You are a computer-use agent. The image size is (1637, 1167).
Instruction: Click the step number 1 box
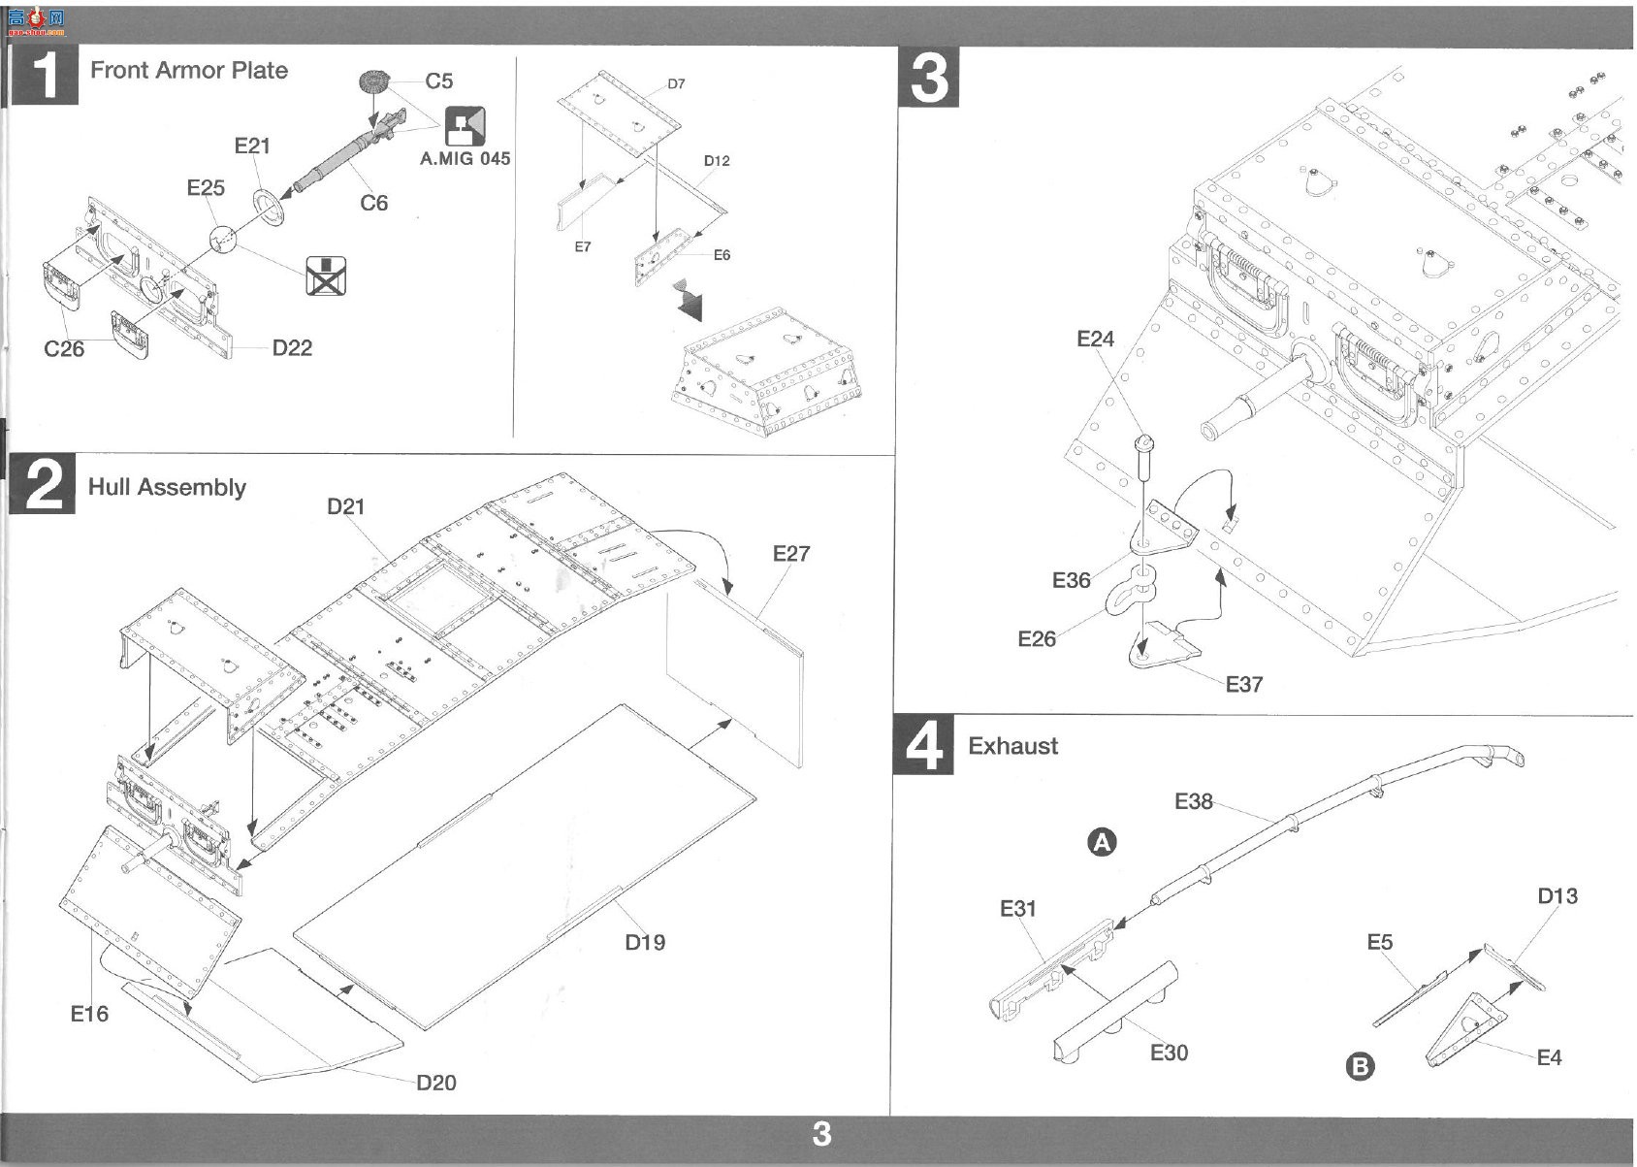(46, 76)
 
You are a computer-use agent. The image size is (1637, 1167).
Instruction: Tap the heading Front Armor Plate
(188, 70)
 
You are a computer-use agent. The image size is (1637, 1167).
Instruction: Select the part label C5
(439, 81)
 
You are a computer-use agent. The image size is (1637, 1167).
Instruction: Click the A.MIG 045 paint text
(465, 159)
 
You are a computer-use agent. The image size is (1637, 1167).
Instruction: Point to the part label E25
(206, 188)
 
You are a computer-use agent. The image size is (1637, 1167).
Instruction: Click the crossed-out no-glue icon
(326, 276)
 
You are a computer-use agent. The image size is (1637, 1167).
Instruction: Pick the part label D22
(292, 348)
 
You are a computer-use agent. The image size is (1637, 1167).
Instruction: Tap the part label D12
(717, 161)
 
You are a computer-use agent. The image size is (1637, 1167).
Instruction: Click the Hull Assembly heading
(167, 488)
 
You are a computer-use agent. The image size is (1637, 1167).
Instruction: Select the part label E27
(791, 554)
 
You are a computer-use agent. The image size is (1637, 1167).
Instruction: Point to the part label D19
(645, 943)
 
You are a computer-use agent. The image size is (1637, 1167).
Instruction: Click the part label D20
(436, 1083)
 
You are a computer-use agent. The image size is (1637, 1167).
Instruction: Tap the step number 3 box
(928, 78)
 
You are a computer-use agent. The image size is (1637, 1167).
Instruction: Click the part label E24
(1096, 339)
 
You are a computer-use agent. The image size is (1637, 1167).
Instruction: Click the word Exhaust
(1012, 746)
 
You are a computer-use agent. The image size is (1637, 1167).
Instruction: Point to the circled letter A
(1102, 842)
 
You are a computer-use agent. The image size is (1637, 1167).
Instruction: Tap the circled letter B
(1360, 1067)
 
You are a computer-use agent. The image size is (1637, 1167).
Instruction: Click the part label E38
(1194, 802)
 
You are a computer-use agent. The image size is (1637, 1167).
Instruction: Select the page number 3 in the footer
(821, 1134)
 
